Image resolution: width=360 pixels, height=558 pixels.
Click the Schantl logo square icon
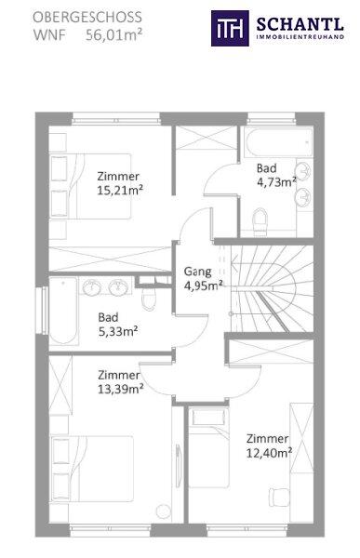pyautogui.click(x=230, y=28)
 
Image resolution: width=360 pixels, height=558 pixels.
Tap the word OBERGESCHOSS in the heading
pyautogui.click(x=87, y=18)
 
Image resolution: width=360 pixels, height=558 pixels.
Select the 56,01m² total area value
pyautogui.click(x=113, y=35)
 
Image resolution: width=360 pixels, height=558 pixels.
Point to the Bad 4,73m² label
pyautogui.click(x=276, y=175)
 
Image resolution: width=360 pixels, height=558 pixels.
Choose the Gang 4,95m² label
pyautogui.click(x=204, y=278)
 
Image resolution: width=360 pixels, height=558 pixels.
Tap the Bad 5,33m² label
pyautogui.click(x=118, y=325)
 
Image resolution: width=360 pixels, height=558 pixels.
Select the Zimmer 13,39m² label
pyautogui.click(x=121, y=382)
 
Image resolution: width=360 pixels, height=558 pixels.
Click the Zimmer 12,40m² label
pyautogui.click(x=269, y=445)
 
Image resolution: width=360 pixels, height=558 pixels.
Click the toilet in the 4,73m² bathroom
pyautogui.click(x=260, y=221)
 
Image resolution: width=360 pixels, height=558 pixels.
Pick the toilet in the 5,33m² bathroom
pyautogui.click(x=149, y=298)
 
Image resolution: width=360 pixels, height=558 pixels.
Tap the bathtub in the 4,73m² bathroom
pyautogui.click(x=278, y=142)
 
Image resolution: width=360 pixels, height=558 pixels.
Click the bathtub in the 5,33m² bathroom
pyautogui.click(x=63, y=311)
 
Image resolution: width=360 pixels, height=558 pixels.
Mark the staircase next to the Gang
pyautogui.click(x=272, y=288)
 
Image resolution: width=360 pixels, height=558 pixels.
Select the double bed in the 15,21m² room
pyautogui.click(x=90, y=186)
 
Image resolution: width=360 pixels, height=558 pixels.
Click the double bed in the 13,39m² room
pyautogui.click(x=92, y=469)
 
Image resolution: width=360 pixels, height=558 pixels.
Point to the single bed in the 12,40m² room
pyautogui.click(x=209, y=448)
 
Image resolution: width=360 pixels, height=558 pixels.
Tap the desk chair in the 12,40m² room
pyautogui.click(x=279, y=497)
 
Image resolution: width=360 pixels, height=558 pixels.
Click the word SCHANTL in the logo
pyautogui.click(x=300, y=24)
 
